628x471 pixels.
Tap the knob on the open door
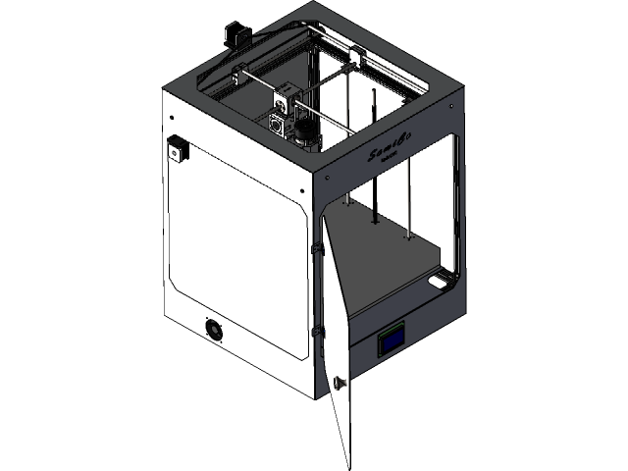coord(339,383)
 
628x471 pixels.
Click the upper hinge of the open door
coord(315,251)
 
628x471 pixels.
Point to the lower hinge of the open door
coord(317,334)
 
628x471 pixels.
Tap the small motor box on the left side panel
coord(178,148)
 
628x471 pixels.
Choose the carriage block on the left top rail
coord(238,74)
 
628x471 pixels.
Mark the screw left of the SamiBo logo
coord(321,179)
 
